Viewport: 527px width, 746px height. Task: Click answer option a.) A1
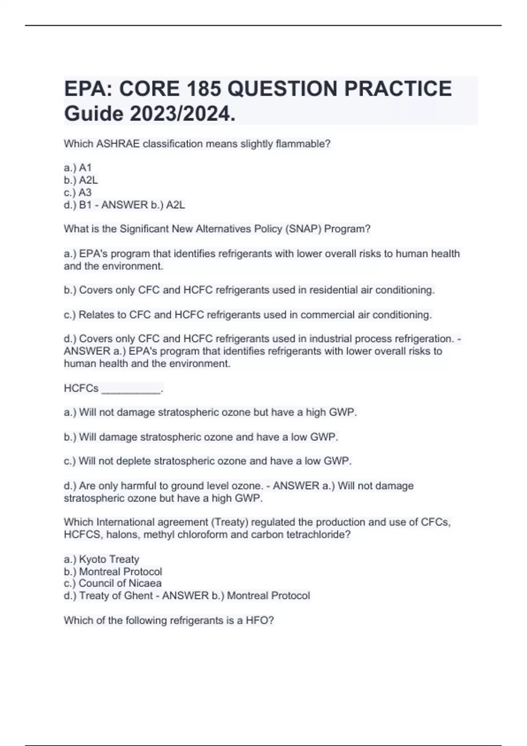pyautogui.click(x=78, y=168)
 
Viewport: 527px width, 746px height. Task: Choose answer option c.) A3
pyautogui.click(x=78, y=192)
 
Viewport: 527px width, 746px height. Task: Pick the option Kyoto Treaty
pyautogui.click(x=109, y=559)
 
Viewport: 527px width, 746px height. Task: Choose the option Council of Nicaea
pyautogui.click(x=120, y=583)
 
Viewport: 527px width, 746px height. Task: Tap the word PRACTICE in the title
pyautogui.click(x=398, y=89)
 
